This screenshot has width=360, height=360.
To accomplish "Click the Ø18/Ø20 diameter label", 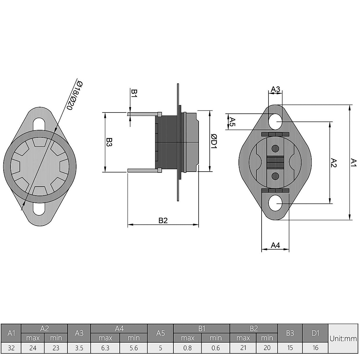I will tap(73, 95).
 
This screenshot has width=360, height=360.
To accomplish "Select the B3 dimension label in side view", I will tap(109, 142).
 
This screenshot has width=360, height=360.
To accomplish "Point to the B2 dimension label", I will tap(163, 220).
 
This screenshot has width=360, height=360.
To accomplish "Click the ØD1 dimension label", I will tap(214, 141).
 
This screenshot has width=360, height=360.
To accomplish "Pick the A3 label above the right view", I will tap(275, 89).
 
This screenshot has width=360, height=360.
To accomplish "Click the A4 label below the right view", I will tap(275, 245).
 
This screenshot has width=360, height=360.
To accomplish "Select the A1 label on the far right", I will tap(354, 163).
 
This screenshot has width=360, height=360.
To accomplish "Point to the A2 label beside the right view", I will tap(334, 163).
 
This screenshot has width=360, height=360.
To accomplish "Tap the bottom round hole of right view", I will tap(275, 204).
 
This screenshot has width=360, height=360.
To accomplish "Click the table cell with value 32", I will tap(11, 348).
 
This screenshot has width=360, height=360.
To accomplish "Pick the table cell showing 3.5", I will tap(79, 348).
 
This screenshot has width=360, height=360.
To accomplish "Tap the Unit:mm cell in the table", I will tap(343, 339).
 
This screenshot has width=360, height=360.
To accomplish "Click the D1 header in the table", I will tap(315, 333).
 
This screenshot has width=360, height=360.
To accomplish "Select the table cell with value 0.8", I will tap(187, 348).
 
